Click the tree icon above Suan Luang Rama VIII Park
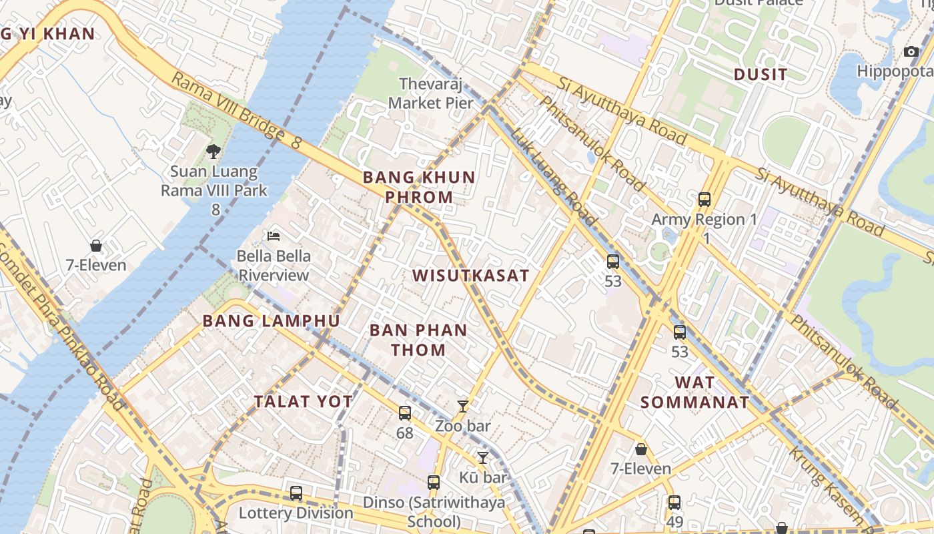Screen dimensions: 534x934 [x=213, y=152]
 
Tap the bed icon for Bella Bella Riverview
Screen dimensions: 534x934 [x=273, y=236]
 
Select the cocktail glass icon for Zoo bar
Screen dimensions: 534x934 [x=462, y=406]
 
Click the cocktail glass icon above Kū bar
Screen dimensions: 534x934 [x=482, y=458]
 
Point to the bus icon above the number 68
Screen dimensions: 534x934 [x=404, y=413]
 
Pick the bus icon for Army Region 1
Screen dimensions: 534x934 [x=704, y=199]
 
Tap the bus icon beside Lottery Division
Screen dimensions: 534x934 [x=296, y=493]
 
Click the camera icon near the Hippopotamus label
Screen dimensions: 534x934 [x=911, y=51]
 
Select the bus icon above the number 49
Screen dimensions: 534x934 [x=674, y=503]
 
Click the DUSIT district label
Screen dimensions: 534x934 [x=761, y=75]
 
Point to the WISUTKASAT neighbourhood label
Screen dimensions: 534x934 [x=470, y=275]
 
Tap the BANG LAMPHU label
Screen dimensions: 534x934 [x=271, y=320]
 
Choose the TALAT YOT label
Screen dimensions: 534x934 [x=303, y=401]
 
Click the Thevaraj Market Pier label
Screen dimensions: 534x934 [x=436, y=93]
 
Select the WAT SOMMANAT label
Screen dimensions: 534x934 [x=694, y=392]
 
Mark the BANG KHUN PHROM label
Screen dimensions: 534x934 [x=419, y=187]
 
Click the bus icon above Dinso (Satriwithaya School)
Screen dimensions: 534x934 [x=433, y=483]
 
